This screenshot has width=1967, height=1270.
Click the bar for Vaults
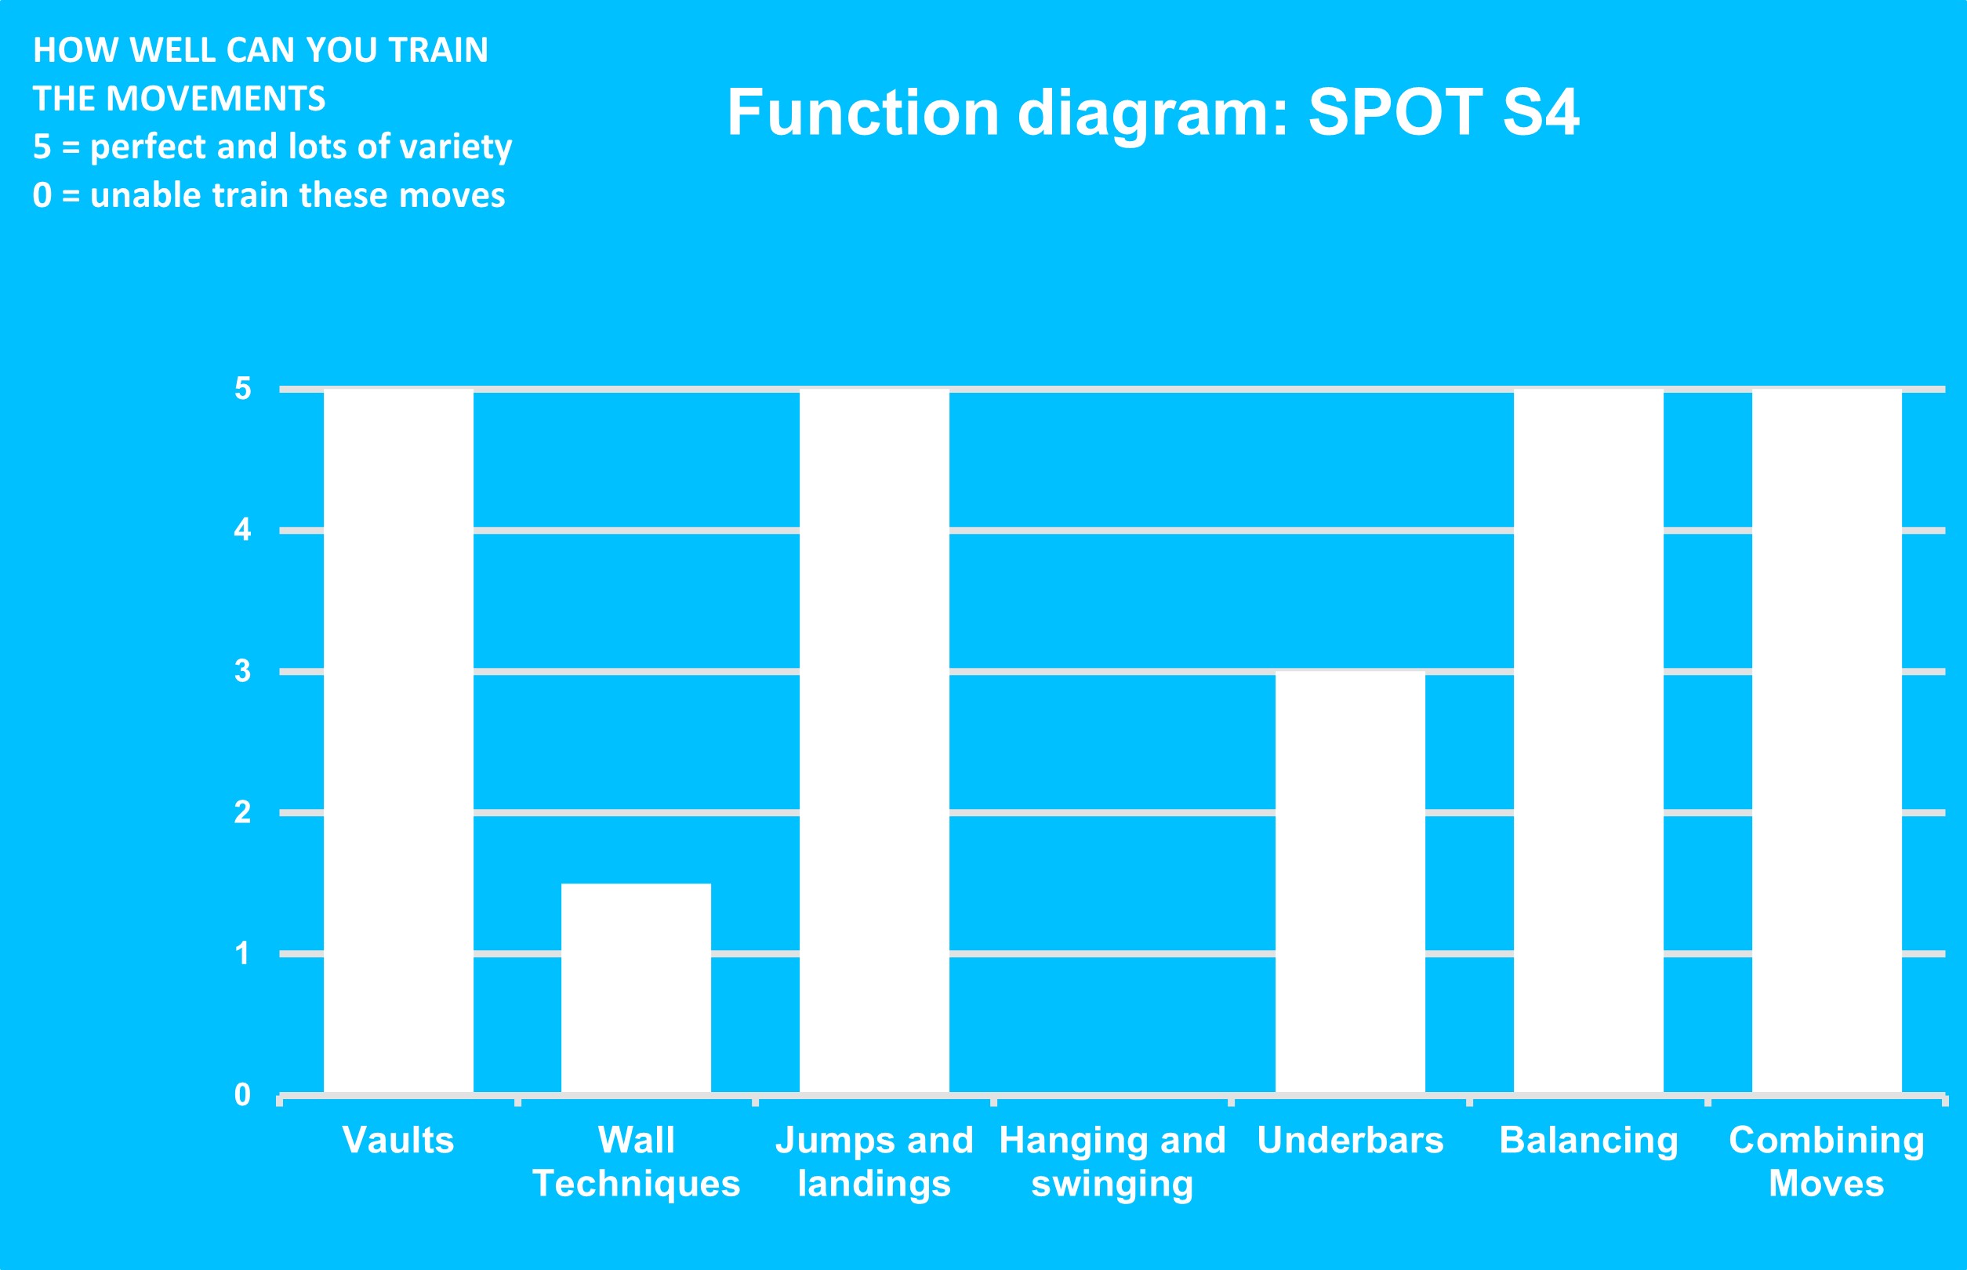tap(398, 742)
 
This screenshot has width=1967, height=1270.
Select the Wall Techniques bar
tap(636, 989)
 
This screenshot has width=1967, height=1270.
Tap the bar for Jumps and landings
tap(874, 742)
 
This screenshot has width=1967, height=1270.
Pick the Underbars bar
tap(1350, 884)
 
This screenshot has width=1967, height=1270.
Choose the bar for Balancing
tap(1588, 742)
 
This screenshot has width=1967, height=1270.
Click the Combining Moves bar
tap(1827, 742)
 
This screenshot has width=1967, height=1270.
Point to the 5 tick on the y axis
tap(242, 388)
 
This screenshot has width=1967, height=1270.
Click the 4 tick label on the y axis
tap(242, 529)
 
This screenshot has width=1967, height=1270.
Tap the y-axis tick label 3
tap(242, 671)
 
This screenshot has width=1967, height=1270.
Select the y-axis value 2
tap(242, 812)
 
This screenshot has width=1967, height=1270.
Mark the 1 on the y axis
tap(242, 953)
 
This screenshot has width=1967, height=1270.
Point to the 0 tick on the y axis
tap(242, 1095)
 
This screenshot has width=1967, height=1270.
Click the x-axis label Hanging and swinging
tap(1112, 1162)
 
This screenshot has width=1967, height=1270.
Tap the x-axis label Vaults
tap(398, 1141)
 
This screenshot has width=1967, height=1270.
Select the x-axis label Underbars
tap(1350, 1141)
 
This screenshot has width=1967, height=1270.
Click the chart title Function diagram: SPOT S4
tap(1153, 113)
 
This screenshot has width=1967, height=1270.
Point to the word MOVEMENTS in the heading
tap(216, 99)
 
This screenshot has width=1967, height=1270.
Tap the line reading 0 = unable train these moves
tap(269, 196)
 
